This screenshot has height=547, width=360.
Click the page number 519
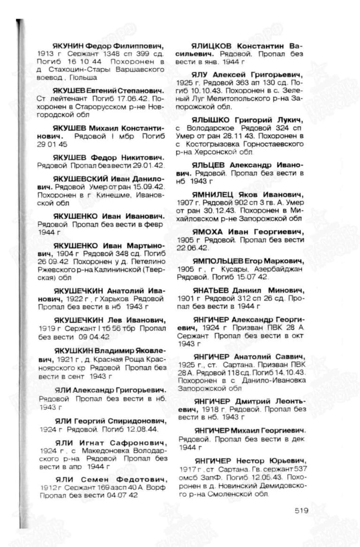(x=302, y=510)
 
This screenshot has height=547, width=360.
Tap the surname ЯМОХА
(x=209, y=232)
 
